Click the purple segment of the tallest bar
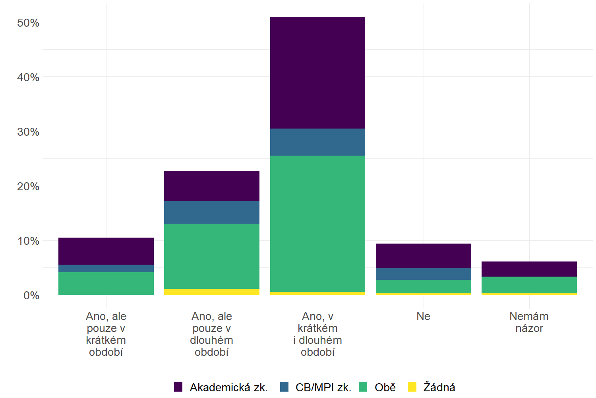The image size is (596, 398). click(317, 72)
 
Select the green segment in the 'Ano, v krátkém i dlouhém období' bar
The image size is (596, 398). click(317, 223)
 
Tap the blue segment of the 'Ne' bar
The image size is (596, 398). click(423, 274)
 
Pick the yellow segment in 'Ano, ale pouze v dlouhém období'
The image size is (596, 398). click(211, 292)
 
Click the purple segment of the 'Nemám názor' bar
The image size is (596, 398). click(529, 269)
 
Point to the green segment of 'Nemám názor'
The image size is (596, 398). click(529, 285)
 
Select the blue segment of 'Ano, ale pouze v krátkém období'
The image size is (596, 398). click(106, 269)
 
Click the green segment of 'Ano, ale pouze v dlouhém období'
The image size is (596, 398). click(211, 256)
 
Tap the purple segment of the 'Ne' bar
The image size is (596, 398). click(423, 256)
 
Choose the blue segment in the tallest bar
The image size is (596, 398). click(317, 142)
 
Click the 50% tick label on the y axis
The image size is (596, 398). click(28, 23)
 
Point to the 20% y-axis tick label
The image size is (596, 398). click(28, 187)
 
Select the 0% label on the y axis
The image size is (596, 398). click(31, 296)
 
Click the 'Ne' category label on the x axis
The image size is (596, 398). click(423, 316)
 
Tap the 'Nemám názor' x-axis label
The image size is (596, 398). click(529, 322)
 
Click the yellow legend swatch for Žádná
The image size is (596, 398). click(412, 387)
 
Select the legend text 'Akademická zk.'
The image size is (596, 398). click(229, 387)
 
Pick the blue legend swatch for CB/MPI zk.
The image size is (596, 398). click(284, 387)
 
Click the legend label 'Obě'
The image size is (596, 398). click(385, 387)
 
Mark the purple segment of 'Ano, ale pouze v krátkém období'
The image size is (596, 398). click(106, 251)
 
